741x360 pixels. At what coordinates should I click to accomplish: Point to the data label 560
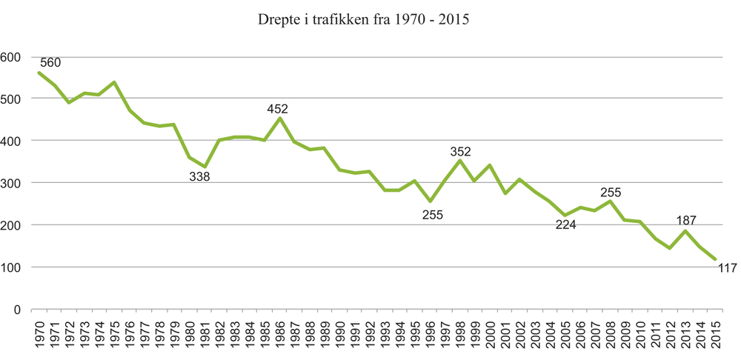(49, 62)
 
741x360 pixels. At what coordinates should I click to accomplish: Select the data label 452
(278, 109)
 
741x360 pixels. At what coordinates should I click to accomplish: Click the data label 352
(461, 152)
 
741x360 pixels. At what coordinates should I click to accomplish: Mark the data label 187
(687, 220)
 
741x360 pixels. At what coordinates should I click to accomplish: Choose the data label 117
(726, 268)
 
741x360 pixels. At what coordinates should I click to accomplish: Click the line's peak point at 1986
(279, 119)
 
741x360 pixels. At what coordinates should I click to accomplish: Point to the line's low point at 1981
(205, 167)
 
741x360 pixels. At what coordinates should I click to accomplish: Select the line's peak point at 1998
(460, 161)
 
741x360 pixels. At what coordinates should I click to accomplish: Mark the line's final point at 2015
(716, 260)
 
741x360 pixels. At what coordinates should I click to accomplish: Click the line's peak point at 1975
(114, 82)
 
